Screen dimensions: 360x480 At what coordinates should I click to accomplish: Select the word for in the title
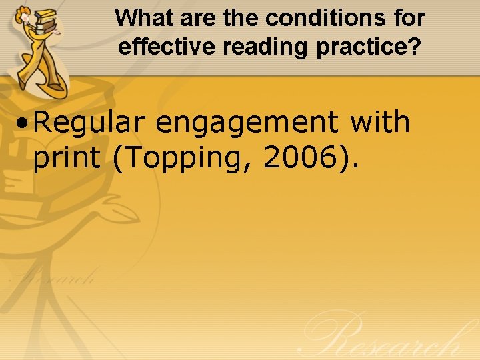(408, 18)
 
